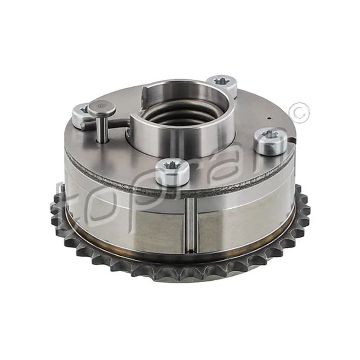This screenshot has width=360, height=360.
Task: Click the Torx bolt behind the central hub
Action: coord(221,84)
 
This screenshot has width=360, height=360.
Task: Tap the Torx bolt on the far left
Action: coord(81,114)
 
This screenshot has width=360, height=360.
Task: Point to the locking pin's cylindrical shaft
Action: coord(102,129)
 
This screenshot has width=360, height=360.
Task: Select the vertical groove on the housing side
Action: coord(191,225)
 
